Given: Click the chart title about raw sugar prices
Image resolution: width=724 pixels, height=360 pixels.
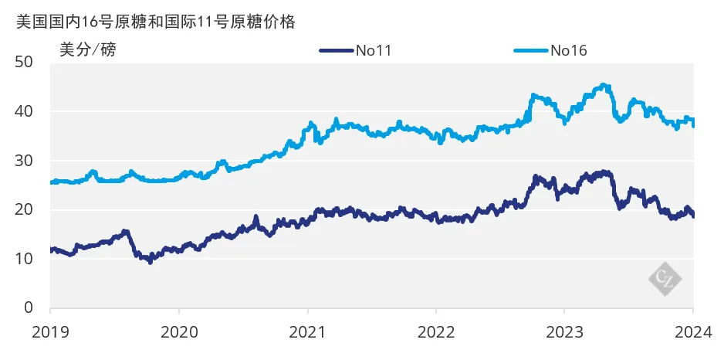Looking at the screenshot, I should (155, 22).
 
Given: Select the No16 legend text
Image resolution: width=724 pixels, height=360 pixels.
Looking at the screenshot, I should (570, 52).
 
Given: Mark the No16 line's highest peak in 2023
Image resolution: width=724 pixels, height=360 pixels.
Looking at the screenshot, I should (604, 85).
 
